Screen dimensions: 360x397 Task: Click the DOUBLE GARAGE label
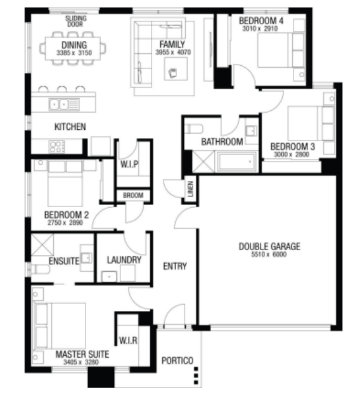tap(269, 246)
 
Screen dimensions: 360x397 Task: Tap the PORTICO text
tap(177, 360)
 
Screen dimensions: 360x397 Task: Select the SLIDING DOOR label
tap(75, 22)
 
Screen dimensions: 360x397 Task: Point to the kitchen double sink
tap(64, 104)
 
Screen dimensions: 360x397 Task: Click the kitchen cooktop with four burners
tap(57, 147)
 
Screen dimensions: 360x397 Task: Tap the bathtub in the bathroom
tap(236, 161)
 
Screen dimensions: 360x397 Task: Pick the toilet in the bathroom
tap(193, 129)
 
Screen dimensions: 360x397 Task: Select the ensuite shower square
tap(42, 245)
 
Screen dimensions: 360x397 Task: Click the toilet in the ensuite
tap(40, 269)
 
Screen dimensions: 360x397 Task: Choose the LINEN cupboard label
tap(191, 189)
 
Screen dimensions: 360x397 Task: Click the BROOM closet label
tap(133, 195)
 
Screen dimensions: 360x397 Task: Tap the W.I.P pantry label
tap(129, 165)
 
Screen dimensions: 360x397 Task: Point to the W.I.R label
tap(128, 341)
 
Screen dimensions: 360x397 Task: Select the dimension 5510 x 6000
tap(269, 255)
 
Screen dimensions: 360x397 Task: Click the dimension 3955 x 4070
tap(173, 53)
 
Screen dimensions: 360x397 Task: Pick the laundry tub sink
tap(109, 277)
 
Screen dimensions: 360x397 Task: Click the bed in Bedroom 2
tap(65, 184)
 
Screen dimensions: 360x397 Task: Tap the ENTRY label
tap(175, 267)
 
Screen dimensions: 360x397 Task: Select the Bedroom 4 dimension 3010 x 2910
tap(260, 28)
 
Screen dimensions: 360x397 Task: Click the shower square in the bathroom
tap(203, 161)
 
